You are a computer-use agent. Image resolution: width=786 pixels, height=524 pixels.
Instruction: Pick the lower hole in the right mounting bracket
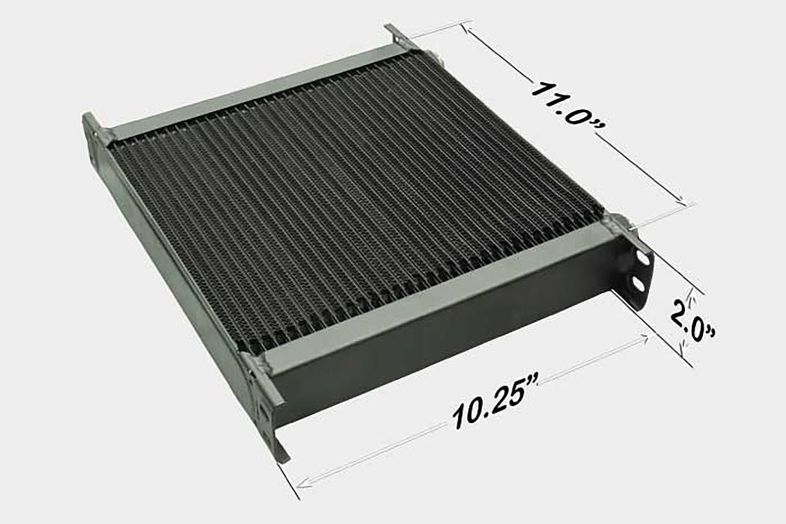(637, 284)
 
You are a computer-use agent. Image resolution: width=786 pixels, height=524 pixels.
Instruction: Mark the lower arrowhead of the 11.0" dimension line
(683, 201)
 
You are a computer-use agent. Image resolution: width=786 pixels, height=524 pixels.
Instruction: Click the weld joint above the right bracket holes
(618, 222)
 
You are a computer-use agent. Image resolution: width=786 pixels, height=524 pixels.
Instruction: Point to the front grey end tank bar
(442, 299)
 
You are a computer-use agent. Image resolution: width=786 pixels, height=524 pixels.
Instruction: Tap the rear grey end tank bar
(255, 90)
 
